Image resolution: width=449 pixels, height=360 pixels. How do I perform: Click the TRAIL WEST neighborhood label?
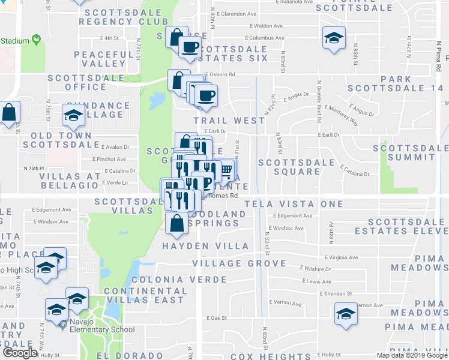pos(229,121)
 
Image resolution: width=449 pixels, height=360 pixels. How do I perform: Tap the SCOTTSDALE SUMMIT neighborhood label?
pos(410,152)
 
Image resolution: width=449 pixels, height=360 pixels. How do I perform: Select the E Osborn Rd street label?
pos(220,75)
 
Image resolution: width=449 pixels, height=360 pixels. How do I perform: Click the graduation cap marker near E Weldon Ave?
pos(333,39)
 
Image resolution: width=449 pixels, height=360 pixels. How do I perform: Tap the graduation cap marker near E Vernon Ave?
pos(345,315)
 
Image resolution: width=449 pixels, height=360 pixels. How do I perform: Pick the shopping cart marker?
pos(226,170)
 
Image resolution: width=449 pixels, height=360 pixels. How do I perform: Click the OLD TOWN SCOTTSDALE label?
pos(61,139)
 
